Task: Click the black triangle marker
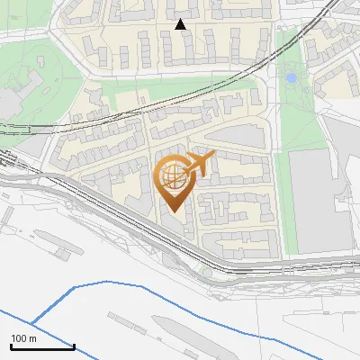181,24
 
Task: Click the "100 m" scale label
22,338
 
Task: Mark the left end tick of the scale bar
11,346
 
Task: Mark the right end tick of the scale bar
74,346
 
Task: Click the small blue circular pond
291,78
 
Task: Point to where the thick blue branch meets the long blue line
31,322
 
